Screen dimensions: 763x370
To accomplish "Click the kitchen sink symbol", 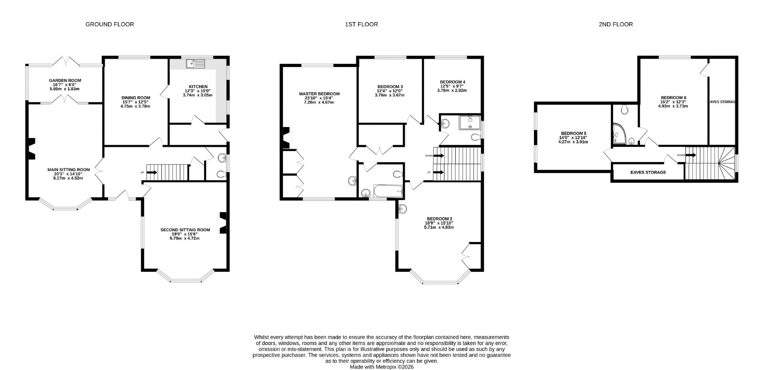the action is pyautogui.click(x=195, y=64).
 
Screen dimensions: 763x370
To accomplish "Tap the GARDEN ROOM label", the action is pyautogui.click(x=65, y=81).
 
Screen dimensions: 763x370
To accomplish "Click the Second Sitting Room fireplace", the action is pyautogui.click(x=223, y=223).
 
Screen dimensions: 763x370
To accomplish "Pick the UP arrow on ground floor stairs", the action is pyautogui.click(x=151, y=172).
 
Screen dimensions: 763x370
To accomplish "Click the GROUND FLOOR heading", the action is pyautogui.click(x=110, y=24).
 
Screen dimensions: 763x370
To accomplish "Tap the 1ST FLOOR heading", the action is pyautogui.click(x=361, y=24).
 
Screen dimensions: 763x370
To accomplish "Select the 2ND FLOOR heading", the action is pyautogui.click(x=616, y=24).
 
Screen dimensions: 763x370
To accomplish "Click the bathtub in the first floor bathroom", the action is pyautogui.click(x=388, y=191).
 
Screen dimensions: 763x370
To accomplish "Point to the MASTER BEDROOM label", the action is pyautogui.click(x=320, y=94).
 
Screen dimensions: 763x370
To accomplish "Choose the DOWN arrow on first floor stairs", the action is pyautogui.click(x=439, y=155).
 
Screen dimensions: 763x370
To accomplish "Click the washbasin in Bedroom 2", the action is pyautogui.click(x=402, y=208).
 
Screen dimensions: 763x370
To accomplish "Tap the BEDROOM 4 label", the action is pyautogui.click(x=453, y=82).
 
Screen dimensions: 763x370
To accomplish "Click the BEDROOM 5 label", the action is pyautogui.click(x=573, y=134).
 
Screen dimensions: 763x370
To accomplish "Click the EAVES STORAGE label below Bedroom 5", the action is pyautogui.click(x=648, y=172).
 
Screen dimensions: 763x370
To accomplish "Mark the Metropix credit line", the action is pyautogui.click(x=382, y=367).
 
